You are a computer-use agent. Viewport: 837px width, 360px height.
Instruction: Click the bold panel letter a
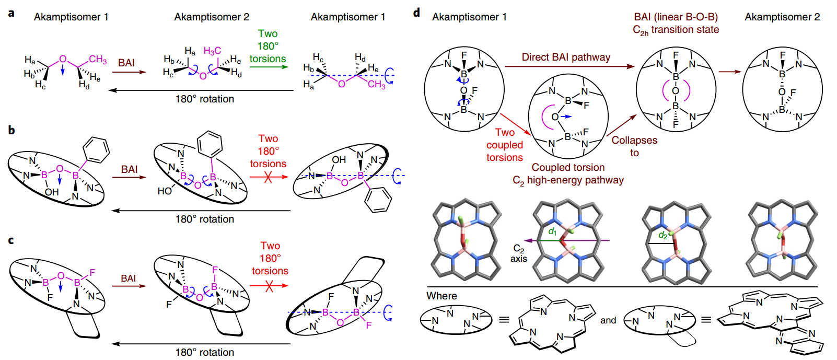[x=11, y=13]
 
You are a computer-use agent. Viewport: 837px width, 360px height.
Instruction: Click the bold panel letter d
[x=416, y=13]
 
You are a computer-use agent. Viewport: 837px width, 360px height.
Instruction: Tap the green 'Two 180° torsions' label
[x=268, y=46]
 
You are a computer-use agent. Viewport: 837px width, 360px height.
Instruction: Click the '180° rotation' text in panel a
[x=204, y=99]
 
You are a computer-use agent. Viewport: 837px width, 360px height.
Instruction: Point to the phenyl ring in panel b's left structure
[x=97, y=149]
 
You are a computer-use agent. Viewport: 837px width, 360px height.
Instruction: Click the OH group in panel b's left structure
[x=52, y=192]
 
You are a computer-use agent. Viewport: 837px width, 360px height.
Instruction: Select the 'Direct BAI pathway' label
[x=566, y=57]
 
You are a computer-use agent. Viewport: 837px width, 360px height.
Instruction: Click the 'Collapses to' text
[x=634, y=146]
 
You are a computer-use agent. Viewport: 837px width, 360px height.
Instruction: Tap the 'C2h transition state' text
[x=676, y=30]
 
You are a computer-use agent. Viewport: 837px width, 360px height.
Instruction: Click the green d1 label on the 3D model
[x=552, y=231]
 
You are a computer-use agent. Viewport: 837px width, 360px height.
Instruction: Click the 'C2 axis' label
[x=518, y=253]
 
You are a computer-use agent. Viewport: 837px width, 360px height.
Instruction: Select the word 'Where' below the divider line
[x=441, y=296]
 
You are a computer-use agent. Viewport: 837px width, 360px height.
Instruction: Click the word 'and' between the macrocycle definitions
[x=608, y=320]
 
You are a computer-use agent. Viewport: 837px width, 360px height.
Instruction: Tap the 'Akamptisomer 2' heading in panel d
[x=782, y=17]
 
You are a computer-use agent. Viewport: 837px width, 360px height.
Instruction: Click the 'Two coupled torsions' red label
[x=505, y=145]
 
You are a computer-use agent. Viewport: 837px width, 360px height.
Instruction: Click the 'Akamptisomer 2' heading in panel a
[x=212, y=17]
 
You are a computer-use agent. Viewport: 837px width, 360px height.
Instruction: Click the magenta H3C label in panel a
[x=212, y=51]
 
